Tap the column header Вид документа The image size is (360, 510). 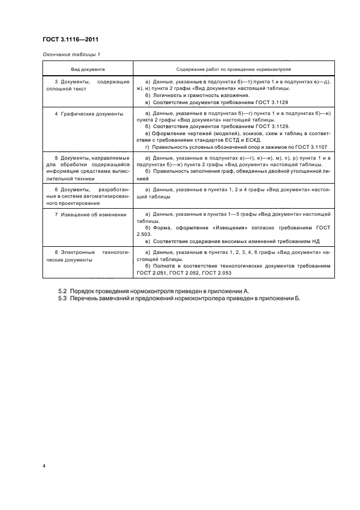(x=88, y=70)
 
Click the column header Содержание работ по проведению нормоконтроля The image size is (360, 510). (x=233, y=70)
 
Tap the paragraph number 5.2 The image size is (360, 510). (x=62, y=292)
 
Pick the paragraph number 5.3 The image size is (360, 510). (x=62, y=299)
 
